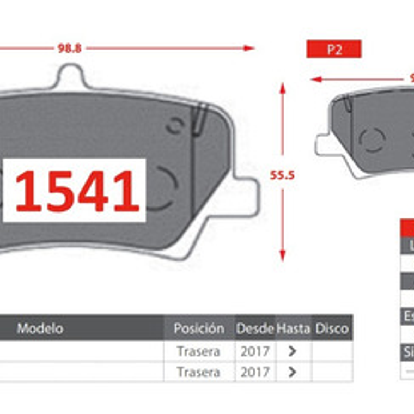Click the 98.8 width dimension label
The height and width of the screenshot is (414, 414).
tap(69, 48)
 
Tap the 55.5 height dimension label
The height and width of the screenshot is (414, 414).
tap(282, 175)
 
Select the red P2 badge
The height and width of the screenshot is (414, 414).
tap(334, 49)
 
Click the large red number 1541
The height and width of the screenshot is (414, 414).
tap(77, 191)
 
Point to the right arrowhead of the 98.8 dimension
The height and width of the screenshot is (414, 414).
tap(249, 48)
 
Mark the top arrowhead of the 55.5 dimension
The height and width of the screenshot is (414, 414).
tap(282, 87)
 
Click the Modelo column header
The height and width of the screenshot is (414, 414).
tap(40, 328)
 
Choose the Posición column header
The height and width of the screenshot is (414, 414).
tap(199, 328)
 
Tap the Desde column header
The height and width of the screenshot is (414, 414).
tap(254, 328)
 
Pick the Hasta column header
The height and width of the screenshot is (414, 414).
tap(293, 328)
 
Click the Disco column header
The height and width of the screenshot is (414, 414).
tap(332, 328)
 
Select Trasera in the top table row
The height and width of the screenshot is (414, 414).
tap(198, 351)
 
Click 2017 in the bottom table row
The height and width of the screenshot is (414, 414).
tap(254, 372)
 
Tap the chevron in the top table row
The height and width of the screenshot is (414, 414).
tap(293, 351)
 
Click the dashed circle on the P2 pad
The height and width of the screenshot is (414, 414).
tap(373, 139)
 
